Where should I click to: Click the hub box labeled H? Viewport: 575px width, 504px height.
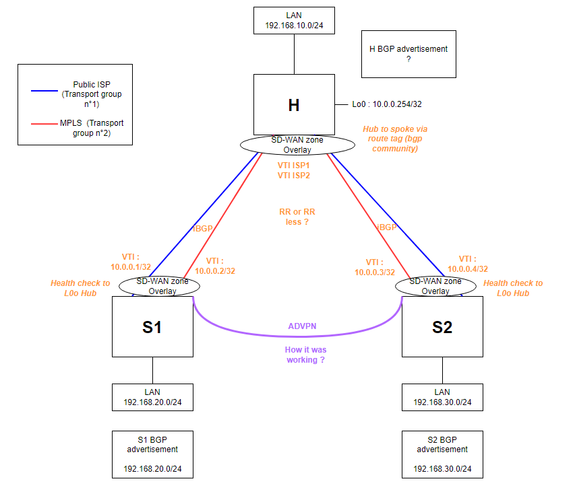coord(294,104)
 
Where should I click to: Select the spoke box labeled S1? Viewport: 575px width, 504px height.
coord(152,327)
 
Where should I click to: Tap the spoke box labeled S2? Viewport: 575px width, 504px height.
coord(442,327)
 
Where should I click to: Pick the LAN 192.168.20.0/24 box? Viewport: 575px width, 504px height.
coord(152,398)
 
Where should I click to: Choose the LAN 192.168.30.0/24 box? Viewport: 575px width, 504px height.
coord(442,398)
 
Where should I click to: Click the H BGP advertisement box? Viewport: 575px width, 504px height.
coord(408,54)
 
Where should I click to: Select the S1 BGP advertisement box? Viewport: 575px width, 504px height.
coord(152,454)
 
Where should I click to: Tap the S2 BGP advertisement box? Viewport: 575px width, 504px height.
coord(442,454)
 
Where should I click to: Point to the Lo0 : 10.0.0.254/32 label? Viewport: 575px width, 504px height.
coord(387,104)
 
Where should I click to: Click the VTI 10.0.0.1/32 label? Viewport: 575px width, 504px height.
coord(131,261)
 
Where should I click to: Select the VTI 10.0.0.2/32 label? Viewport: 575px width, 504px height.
coord(215,266)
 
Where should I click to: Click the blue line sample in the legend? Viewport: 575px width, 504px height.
coord(44,90)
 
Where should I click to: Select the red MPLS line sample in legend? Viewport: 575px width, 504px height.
coord(44,124)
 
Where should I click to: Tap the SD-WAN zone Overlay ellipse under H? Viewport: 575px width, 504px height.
coord(297,145)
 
